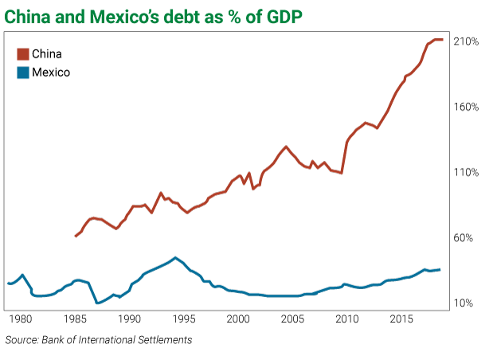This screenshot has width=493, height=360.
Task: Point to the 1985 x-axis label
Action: coord(75,319)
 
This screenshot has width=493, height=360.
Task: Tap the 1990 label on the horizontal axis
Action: coord(130,319)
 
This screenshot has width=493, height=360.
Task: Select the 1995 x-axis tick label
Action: coord(184,319)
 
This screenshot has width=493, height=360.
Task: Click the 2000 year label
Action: coord(238,319)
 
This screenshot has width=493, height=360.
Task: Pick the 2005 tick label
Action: coord(293,319)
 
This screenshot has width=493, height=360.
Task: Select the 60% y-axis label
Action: coord(465,237)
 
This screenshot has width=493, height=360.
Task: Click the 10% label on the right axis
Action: coord(465,303)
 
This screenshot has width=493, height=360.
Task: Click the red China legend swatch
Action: coord(22,53)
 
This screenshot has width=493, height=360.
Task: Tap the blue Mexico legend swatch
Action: coord(22,72)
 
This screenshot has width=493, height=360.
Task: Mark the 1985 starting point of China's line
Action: coord(76,236)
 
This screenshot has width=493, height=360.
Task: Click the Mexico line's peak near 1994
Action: coord(175,257)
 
